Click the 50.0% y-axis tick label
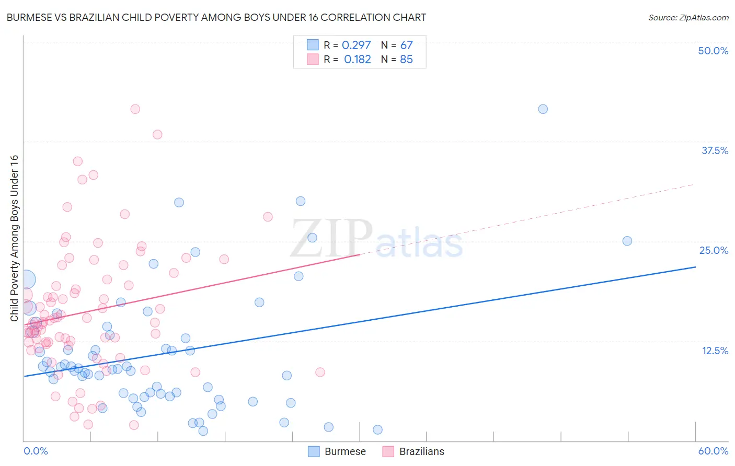pos(713,51)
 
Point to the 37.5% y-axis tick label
pos(715,150)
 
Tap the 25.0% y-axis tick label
pos(714,250)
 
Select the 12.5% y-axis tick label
pos(715,351)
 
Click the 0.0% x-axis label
pos(36,451)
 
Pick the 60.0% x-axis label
pos(713,451)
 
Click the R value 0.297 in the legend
pos(356,45)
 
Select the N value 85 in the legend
pos(406,60)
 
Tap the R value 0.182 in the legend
pos(357,60)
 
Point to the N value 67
pos(406,45)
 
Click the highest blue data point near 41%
pos(543,109)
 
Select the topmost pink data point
pos(135,109)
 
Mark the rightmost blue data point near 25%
pos(627,241)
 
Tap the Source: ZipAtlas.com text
pos(688,18)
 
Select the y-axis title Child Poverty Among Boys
pos(15,238)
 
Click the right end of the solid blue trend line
pos(695,267)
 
